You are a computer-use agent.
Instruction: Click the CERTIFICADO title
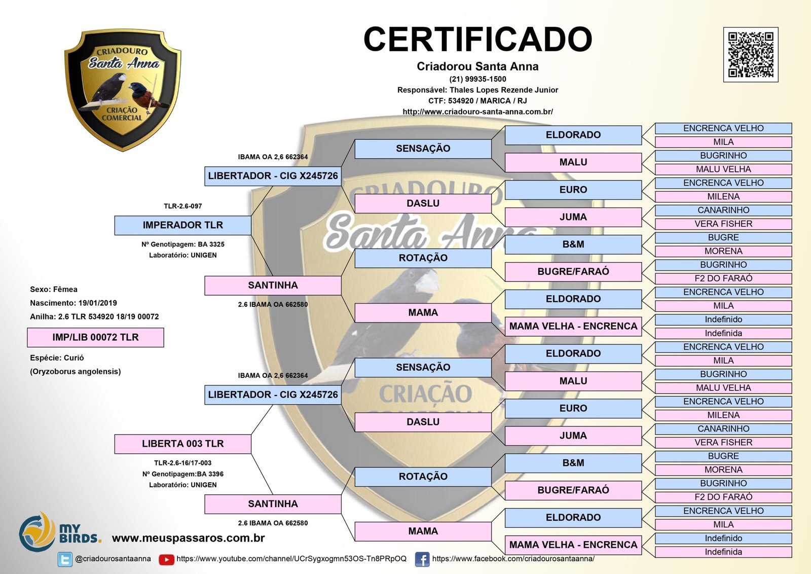coord(477,40)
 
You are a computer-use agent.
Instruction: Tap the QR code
coord(750,55)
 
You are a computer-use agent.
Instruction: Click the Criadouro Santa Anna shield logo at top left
coord(122,89)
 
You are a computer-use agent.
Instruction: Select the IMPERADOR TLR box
coord(182,225)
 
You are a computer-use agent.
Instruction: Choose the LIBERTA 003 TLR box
coord(182,444)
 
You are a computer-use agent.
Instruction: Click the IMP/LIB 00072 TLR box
coord(95,337)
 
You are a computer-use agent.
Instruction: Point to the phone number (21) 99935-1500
coord(477,79)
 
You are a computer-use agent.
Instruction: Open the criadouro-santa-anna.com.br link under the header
coord(477,112)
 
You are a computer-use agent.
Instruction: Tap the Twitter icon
coord(65,559)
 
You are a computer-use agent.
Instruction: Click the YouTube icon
coord(166,559)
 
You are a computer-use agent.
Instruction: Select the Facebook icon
coord(422,559)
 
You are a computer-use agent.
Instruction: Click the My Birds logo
coord(60,532)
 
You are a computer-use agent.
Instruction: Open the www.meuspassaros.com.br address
coord(189,538)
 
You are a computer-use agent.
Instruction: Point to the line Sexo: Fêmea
coord(54,290)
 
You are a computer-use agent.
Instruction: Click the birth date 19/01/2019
coord(97,303)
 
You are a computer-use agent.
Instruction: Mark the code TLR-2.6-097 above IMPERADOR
coord(182,206)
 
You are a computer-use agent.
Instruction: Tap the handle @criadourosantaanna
coord(113,559)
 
